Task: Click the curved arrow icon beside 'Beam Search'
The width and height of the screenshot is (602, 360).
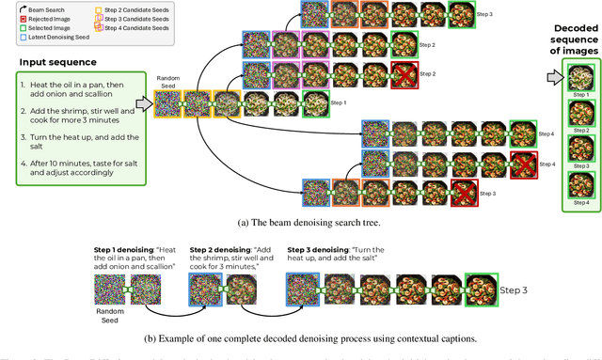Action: point(10,8)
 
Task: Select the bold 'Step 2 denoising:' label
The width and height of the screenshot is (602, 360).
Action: point(219,248)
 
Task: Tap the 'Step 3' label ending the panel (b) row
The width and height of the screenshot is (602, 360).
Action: point(515,290)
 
